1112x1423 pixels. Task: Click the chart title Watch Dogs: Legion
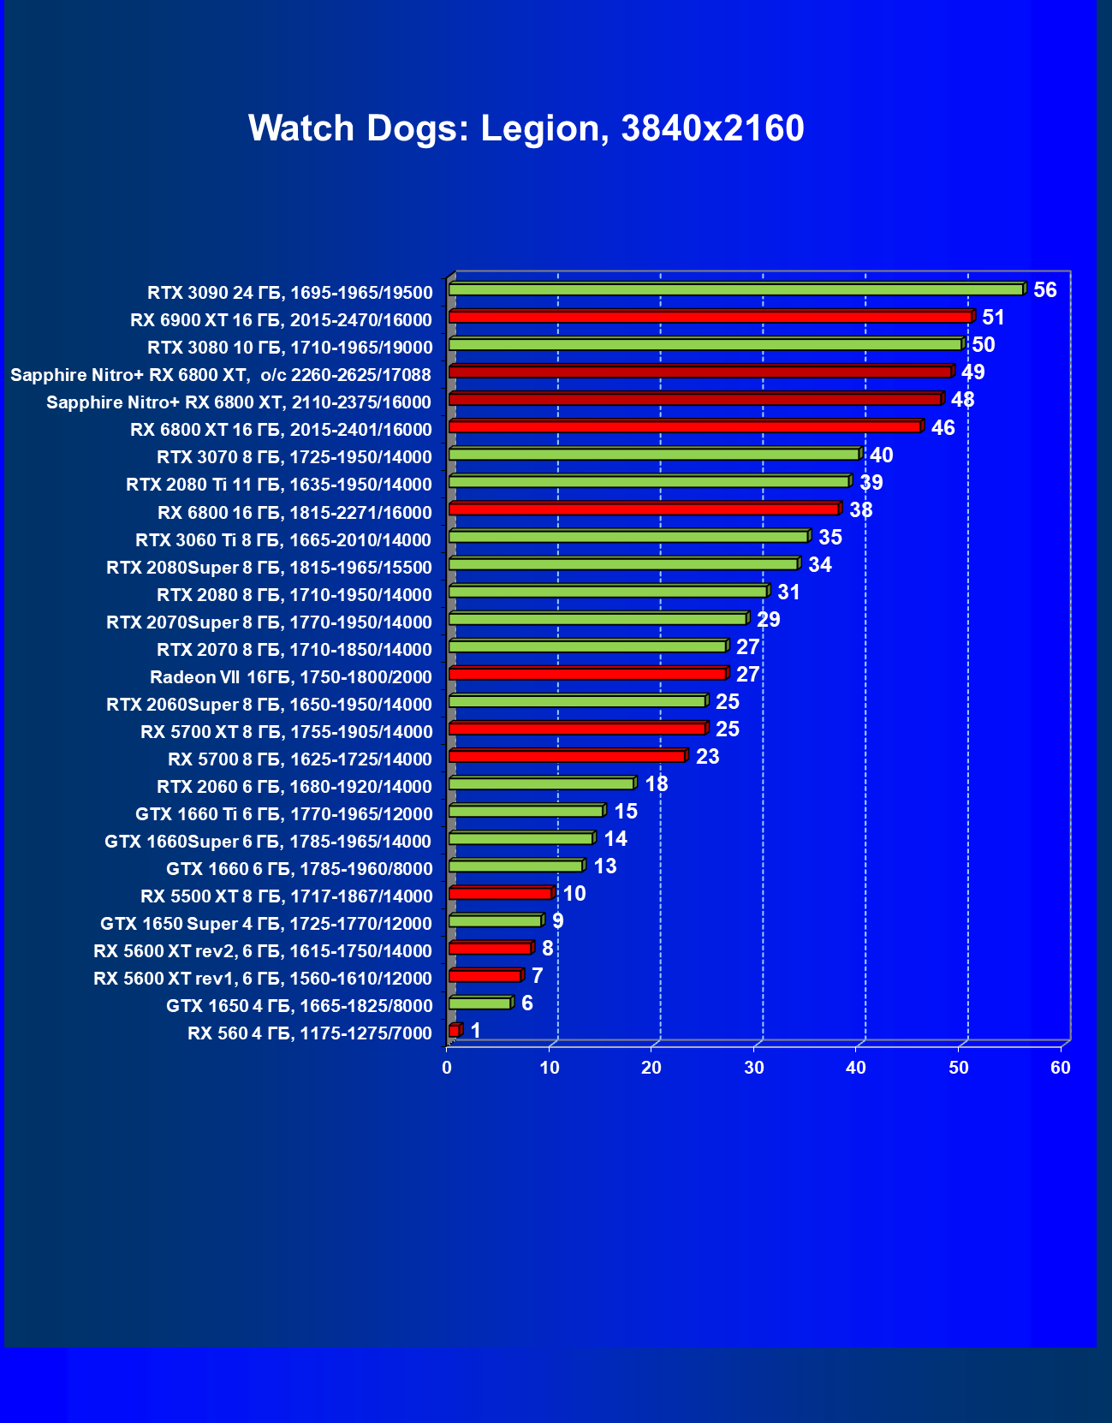(x=526, y=128)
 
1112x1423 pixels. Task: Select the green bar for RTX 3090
(x=736, y=289)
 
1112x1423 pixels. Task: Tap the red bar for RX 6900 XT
(x=711, y=317)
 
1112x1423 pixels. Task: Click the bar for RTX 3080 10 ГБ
(x=705, y=344)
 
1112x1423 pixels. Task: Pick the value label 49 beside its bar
(x=972, y=372)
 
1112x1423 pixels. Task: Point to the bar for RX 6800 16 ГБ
(x=644, y=509)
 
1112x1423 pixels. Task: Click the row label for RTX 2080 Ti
(x=278, y=485)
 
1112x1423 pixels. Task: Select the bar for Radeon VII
(x=587, y=674)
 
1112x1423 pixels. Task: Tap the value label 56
(x=1044, y=289)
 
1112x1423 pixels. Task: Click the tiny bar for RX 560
(x=454, y=1031)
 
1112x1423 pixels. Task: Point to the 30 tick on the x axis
(x=753, y=1068)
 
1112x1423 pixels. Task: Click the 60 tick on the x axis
(x=1060, y=1068)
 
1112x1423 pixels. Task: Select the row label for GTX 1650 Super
(x=265, y=924)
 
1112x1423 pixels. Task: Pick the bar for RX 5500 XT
(x=500, y=893)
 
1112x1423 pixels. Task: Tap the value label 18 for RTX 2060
(x=656, y=783)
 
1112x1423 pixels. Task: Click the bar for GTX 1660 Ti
(x=526, y=811)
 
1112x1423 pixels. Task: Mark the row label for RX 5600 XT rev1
(x=262, y=979)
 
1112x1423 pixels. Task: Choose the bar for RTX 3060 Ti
(x=628, y=537)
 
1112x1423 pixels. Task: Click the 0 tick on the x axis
(x=447, y=1068)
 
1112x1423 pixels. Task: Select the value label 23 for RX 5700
(x=707, y=756)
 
